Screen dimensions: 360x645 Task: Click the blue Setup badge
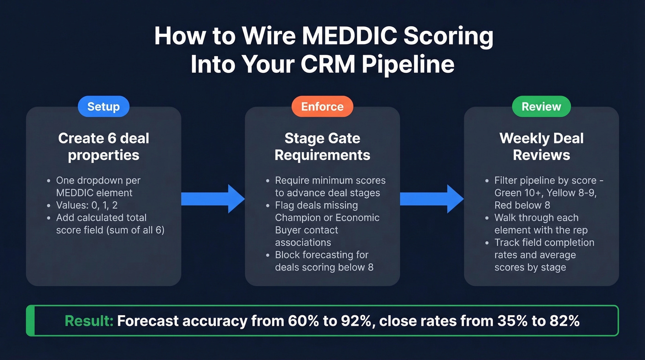tap(103, 106)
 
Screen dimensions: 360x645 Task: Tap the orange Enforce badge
tap(322, 106)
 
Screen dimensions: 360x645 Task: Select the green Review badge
tap(541, 106)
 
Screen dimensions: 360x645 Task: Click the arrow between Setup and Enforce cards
tap(212, 199)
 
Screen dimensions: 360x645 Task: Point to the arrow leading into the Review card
tap(432, 199)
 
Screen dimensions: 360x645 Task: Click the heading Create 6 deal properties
tap(104, 147)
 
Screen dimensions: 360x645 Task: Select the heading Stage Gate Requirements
tap(322, 147)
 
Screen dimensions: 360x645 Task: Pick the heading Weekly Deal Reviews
tap(541, 147)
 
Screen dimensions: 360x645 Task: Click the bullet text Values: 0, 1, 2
tap(88, 205)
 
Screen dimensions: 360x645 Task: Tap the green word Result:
tap(89, 321)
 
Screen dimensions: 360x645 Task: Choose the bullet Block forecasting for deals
tap(322, 255)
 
